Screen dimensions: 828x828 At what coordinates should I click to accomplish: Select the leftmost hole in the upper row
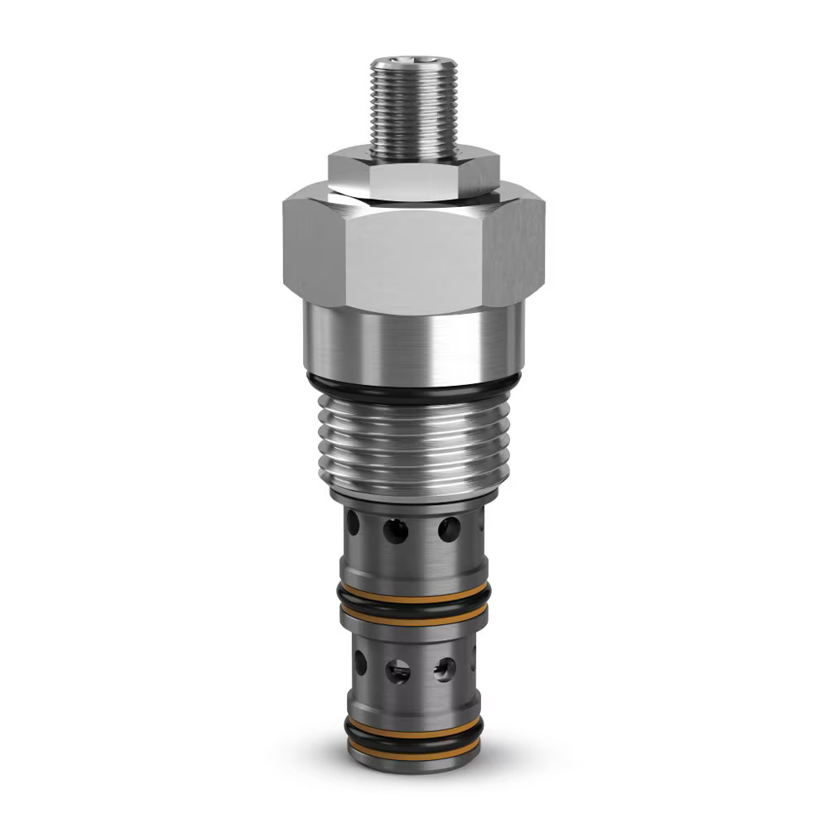[x=354, y=522]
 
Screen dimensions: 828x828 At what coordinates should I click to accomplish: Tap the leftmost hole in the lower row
[x=360, y=661]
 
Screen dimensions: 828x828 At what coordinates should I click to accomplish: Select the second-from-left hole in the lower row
[x=398, y=671]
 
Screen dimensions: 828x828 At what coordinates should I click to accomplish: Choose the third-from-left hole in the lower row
[x=445, y=668]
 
